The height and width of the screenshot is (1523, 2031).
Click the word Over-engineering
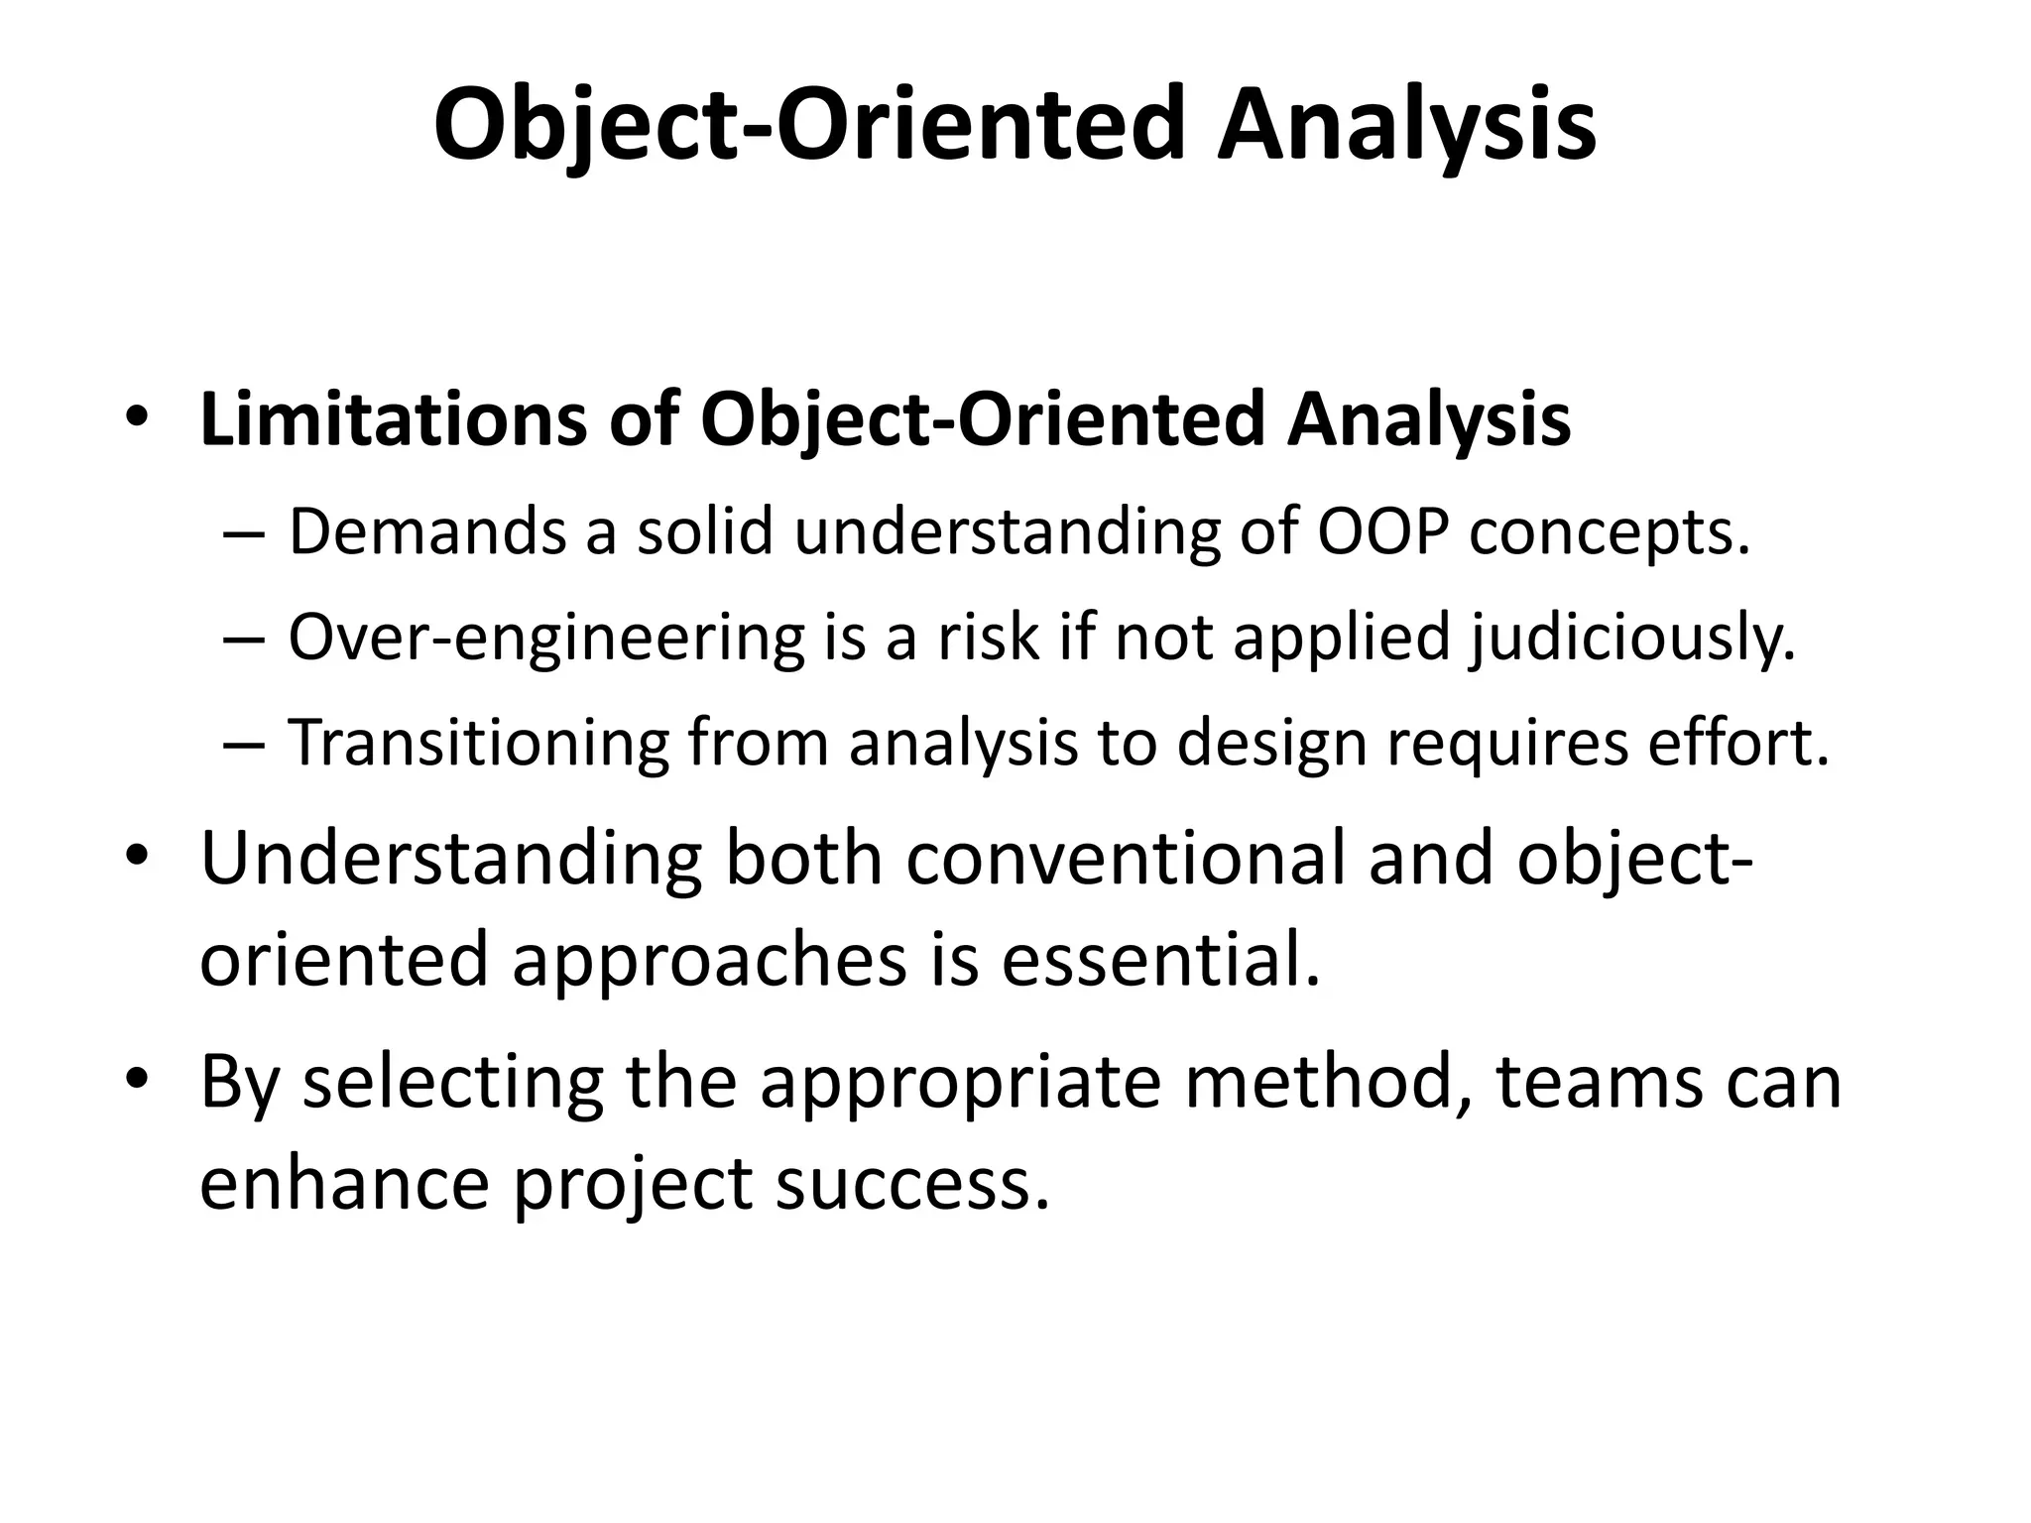pyautogui.click(x=545, y=638)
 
